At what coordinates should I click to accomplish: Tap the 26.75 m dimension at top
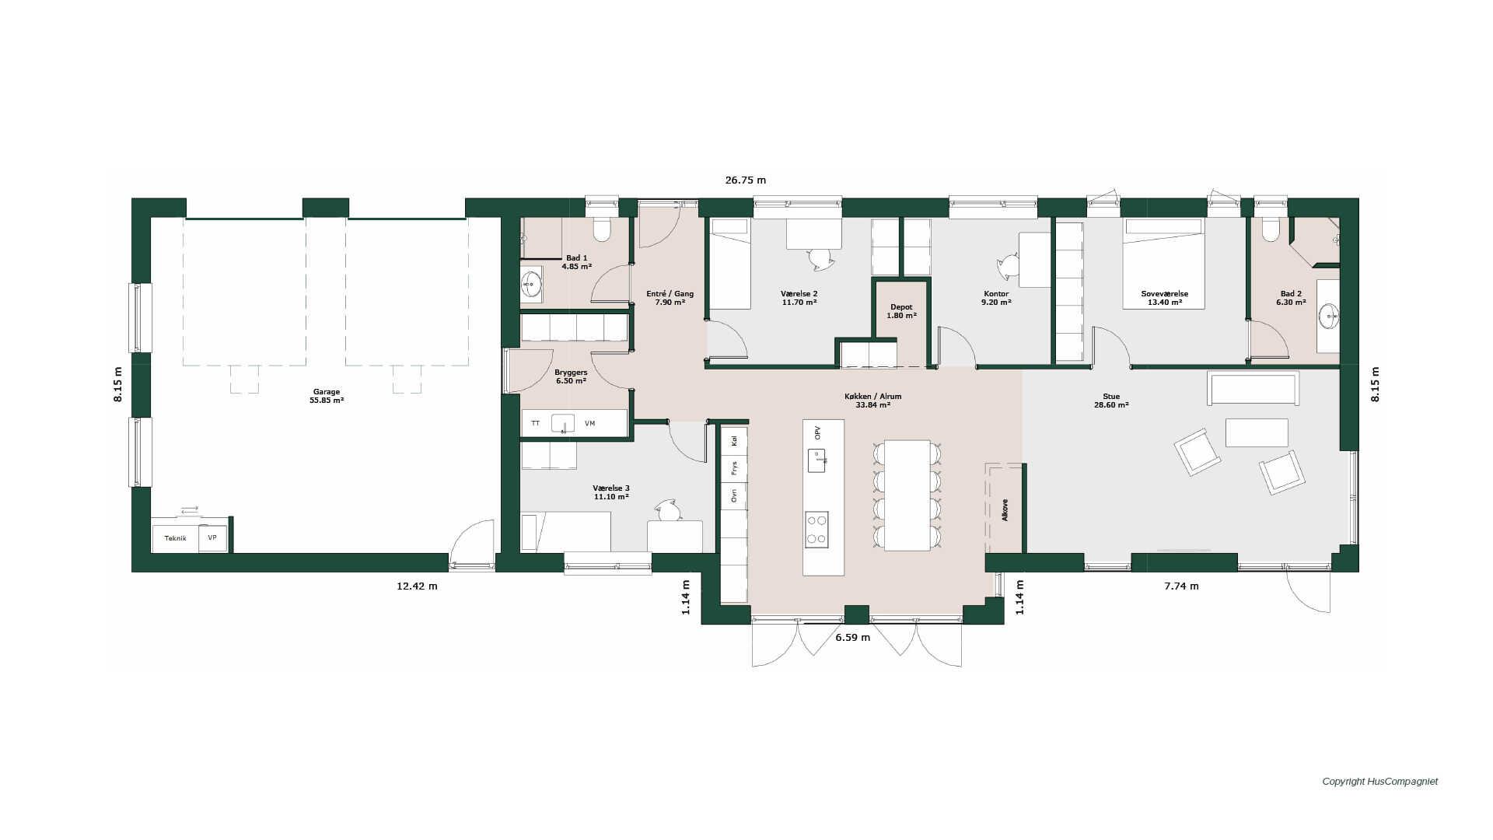click(746, 180)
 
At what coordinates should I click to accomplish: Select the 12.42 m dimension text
click(417, 586)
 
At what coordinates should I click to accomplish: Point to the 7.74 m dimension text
click(1181, 586)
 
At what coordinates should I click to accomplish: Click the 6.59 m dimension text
click(853, 638)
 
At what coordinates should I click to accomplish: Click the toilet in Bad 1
click(603, 229)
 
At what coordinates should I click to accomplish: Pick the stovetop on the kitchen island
click(816, 529)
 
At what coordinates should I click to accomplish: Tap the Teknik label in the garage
click(175, 538)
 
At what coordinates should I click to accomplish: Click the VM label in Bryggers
click(590, 424)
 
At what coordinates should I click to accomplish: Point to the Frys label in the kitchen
click(733, 469)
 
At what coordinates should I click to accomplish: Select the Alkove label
click(1005, 509)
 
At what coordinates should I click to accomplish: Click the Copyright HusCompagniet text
click(1380, 782)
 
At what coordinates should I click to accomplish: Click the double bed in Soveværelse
click(1164, 263)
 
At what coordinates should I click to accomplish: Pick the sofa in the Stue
click(1253, 388)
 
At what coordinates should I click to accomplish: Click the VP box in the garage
click(212, 538)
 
